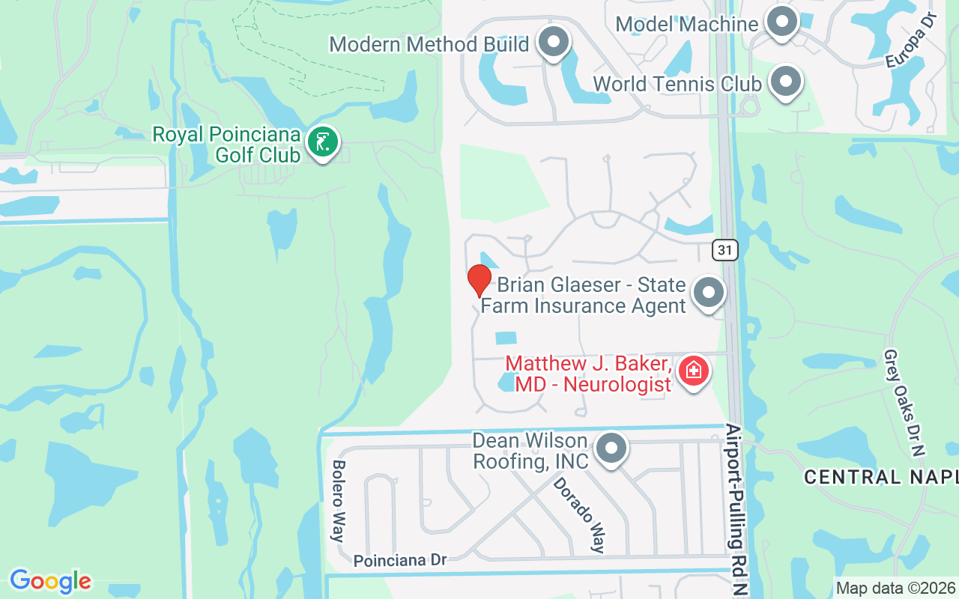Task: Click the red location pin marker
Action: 479,280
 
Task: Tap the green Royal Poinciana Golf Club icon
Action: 323,142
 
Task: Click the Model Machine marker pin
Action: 782,22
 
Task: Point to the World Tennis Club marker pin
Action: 786,81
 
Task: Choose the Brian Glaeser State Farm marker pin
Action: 708,293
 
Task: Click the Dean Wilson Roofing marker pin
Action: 611,449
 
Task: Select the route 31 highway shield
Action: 725,250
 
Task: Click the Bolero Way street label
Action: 338,501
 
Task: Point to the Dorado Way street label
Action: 579,514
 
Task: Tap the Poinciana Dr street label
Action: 399,560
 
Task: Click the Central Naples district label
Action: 881,477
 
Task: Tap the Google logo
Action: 50,581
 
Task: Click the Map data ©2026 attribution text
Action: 896,588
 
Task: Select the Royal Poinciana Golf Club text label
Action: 226,145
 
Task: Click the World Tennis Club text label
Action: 677,83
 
